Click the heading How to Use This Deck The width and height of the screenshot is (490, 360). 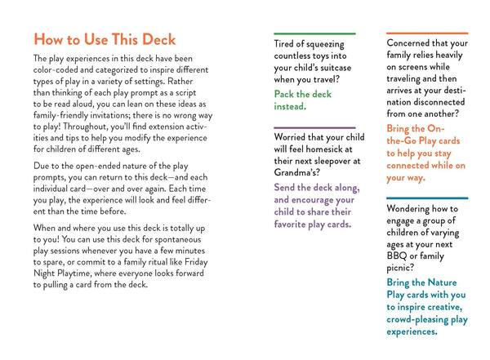104,39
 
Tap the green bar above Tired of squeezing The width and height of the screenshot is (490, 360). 314,33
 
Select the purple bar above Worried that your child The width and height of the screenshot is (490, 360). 314,127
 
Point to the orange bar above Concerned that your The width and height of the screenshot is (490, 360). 426,33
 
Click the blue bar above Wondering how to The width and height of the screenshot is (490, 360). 426,198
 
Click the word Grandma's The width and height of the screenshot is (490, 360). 303,173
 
